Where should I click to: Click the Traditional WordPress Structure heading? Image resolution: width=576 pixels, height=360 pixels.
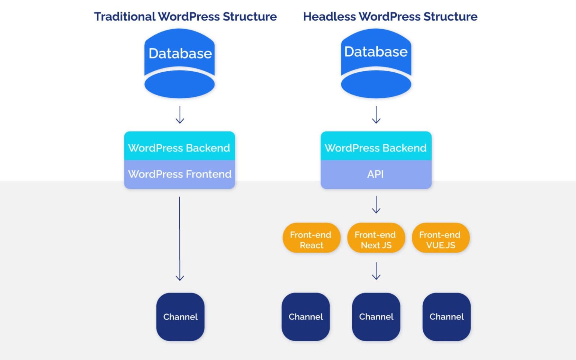tap(185, 17)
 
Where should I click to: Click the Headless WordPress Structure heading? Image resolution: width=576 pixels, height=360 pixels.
tap(390, 17)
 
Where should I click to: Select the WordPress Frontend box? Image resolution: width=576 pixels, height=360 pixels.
tap(180, 174)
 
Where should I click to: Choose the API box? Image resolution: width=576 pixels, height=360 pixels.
tap(376, 174)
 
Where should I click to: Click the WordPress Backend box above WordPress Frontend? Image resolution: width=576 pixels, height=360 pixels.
tap(180, 147)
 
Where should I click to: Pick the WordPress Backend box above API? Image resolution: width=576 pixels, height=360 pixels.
tap(376, 147)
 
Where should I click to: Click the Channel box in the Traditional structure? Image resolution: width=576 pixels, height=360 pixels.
tap(180, 317)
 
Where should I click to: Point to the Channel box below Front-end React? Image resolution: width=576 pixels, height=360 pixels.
tap(306, 317)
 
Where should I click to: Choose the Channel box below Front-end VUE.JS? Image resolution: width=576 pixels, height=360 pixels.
tap(446, 317)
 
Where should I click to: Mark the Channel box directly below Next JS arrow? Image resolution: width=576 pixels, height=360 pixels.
tap(376, 317)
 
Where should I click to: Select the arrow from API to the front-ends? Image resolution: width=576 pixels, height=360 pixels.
tap(376, 205)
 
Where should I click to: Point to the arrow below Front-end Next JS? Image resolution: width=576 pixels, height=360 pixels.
tap(376, 271)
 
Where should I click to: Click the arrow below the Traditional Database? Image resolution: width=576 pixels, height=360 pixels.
tap(180, 115)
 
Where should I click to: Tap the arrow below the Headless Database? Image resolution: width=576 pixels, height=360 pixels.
tap(376, 115)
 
